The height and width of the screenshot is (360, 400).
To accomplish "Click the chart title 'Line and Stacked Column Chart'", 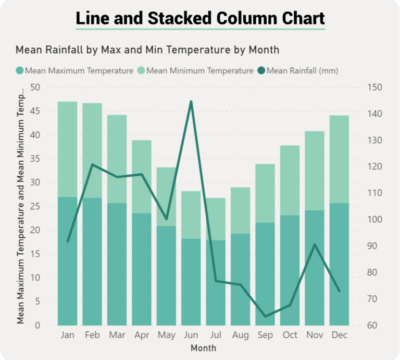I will click(x=200, y=18).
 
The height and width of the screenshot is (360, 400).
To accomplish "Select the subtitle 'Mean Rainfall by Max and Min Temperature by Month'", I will click(x=147, y=50).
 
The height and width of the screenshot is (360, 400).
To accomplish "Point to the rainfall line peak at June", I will click(x=191, y=101).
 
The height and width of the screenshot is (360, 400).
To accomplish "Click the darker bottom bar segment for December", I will click(x=339, y=264).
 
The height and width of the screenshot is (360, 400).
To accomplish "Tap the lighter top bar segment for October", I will click(x=290, y=180).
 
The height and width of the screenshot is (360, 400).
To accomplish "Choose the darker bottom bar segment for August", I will click(x=241, y=279).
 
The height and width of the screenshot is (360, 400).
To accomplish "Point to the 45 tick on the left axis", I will click(x=36, y=111).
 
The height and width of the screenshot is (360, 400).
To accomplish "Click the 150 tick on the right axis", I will click(x=374, y=87).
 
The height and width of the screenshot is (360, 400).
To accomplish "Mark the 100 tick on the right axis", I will click(x=374, y=220).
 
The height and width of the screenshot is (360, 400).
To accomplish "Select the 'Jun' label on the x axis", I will click(x=191, y=336).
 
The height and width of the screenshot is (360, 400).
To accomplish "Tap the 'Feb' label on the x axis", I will click(x=92, y=336).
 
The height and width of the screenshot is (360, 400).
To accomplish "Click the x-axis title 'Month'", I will click(x=203, y=348).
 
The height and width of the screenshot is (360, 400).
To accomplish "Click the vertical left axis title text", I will click(x=20, y=205).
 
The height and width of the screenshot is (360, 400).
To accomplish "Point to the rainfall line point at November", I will click(x=315, y=245).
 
